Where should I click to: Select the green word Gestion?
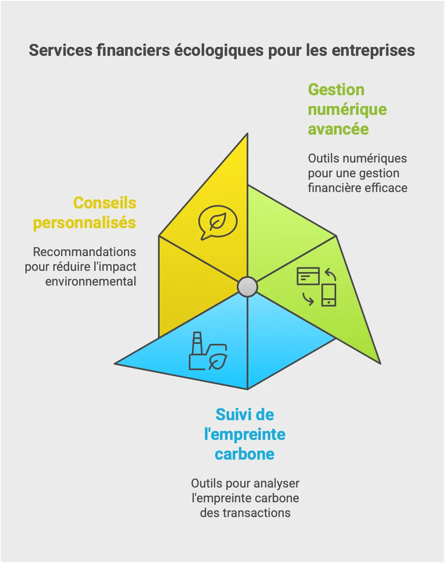pos(336,89)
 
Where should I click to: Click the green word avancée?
pos(338,129)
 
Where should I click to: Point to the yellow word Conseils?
pos(105,203)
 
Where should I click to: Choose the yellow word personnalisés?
pos(85,222)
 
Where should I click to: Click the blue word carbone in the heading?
pos(245,454)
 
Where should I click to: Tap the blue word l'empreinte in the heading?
pos(245,434)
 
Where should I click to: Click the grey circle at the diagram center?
pos(248,287)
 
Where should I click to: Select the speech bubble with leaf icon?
pos(218,222)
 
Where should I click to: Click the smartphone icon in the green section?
pos(329,295)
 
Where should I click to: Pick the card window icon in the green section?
pos(308,276)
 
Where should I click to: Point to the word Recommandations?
pos(85,252)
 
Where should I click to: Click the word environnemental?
pos(91,281)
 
